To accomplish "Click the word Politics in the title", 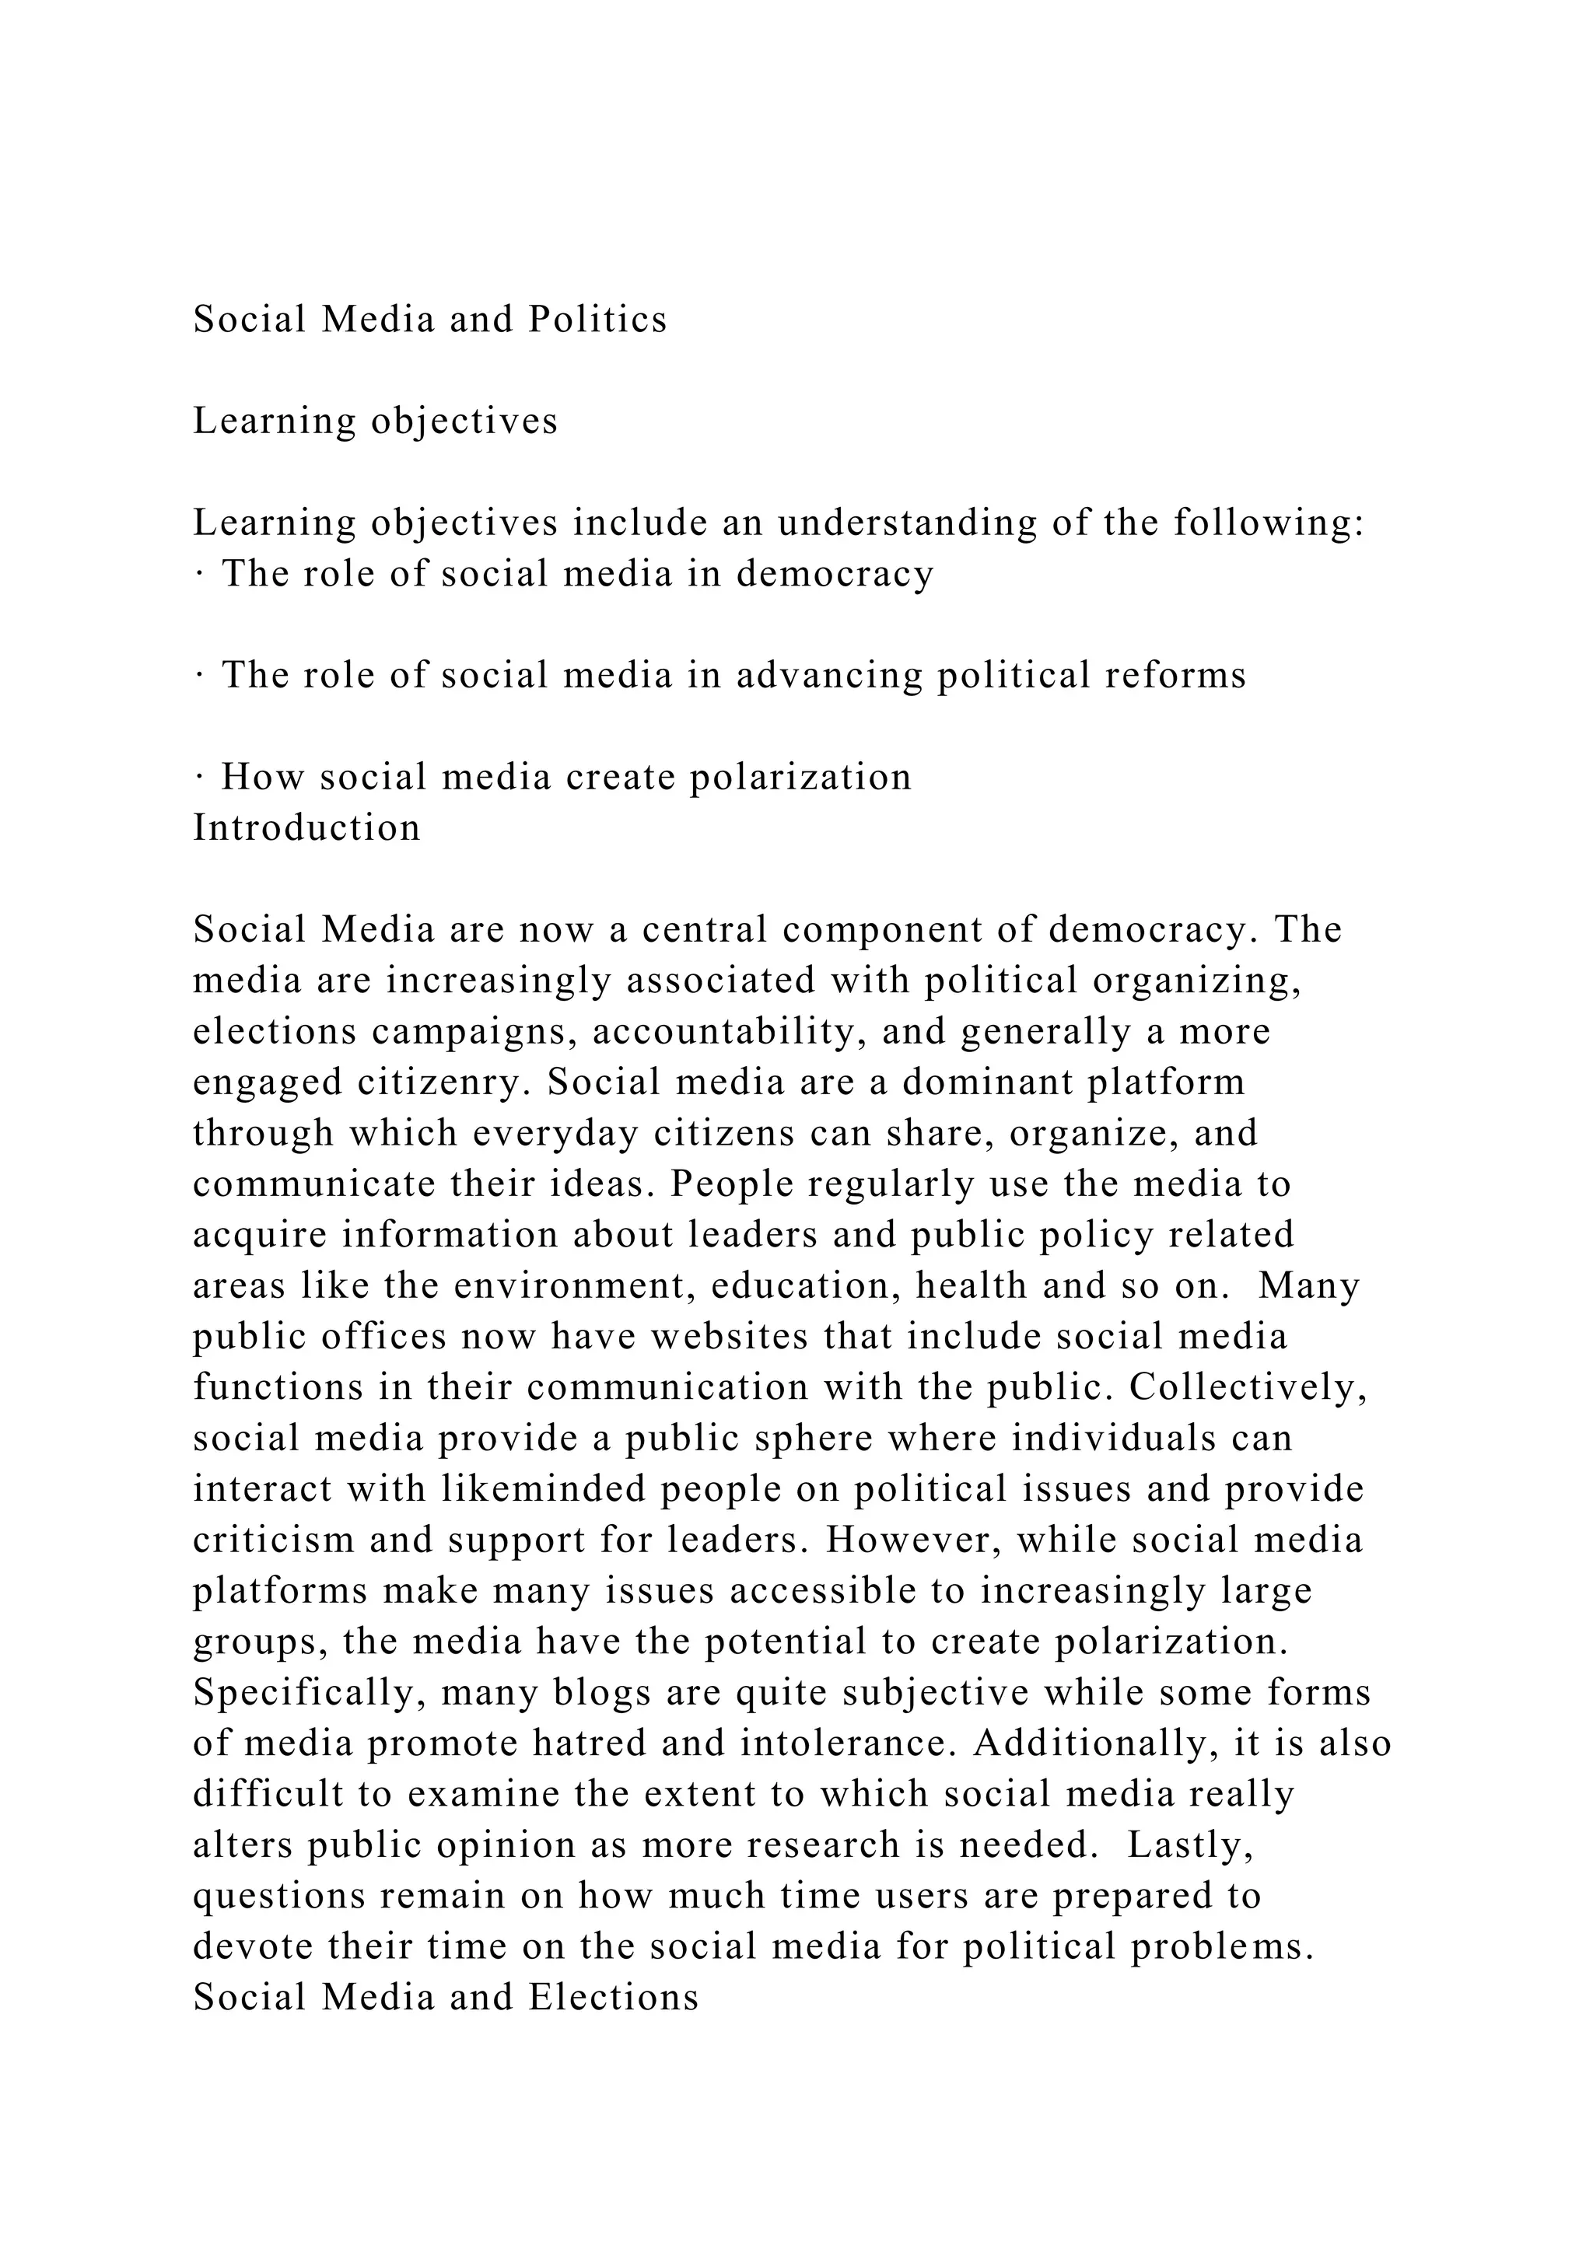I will click(x=597, y=320).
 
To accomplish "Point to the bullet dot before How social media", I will click(x=199, y=778).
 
